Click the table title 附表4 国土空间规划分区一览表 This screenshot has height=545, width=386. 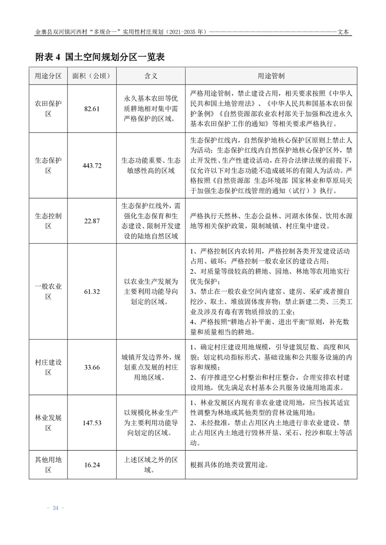tap(101, 57)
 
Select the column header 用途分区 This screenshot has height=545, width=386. tap(49, 76)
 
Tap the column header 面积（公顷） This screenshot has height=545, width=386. tap(92, 76)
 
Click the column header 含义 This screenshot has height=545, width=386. tap(151, 76)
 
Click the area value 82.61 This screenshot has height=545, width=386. tap(92, 109)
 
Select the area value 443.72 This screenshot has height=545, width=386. tap(92, 166)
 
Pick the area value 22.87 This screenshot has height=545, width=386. tap(92, 221)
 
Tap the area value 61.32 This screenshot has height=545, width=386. tap(92, 291)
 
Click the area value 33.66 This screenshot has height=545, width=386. tap(92, 367)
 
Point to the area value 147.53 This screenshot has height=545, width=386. tap(92, 423)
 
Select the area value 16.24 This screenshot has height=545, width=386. tap(92, 465)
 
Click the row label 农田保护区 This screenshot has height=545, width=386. tap(49, 109)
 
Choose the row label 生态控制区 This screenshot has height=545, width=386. tap(49, 221)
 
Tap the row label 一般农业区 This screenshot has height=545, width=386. tap(49, 291)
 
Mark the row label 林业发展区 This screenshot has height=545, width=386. tap(49, 423)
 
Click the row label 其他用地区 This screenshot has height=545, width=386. tap(49, 465)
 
